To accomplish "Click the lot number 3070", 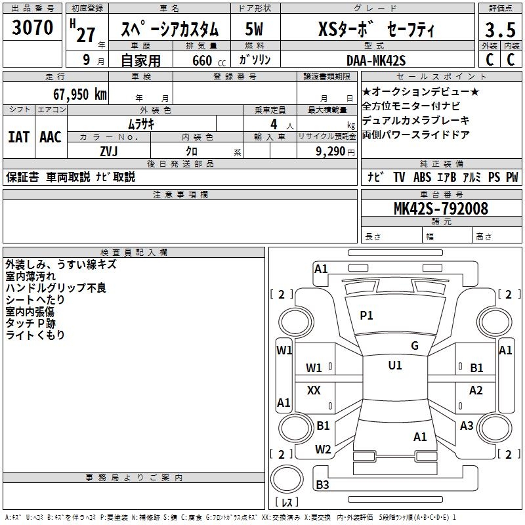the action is click(x=33, y=28).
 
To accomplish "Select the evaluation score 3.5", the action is click(x=499, y=30).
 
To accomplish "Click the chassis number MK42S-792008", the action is click(x=440, y=209).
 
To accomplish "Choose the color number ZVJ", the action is click(x=108, y=151).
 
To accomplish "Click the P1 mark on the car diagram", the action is click(x=366, y=316).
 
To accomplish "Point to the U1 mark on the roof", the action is click(x=395, y=366).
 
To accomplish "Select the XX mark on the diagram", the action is click(x=314, y=390).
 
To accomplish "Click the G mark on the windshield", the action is click(x=414, y=346).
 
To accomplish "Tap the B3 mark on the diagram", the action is click(x=322, y=485).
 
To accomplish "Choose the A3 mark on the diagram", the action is click(x=467, y=426).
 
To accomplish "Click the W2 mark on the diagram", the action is click(x=323, y=450).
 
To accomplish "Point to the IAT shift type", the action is click(x=19, y=137).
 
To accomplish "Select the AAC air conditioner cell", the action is click(x=51, y=137).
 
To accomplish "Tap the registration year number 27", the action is click(x=86, y=34).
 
